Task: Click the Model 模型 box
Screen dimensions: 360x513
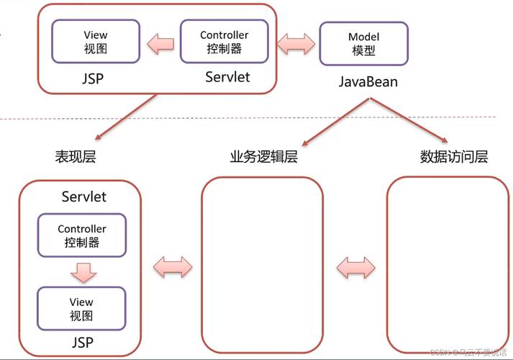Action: [363, 43]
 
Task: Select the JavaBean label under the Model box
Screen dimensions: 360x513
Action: [368, 82]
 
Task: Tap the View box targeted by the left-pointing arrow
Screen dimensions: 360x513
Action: [95, 41]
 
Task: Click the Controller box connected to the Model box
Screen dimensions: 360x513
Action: [224, 42]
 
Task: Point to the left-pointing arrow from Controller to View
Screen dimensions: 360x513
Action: [160, 43]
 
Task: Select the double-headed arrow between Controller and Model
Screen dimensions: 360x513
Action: [296, 43]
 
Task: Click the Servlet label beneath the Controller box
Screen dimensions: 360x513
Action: [227, 76]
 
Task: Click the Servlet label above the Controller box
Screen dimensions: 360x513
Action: [83, 197]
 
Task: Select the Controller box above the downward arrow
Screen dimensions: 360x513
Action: [82, 235]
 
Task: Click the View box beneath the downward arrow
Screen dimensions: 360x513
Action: [81, 309]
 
